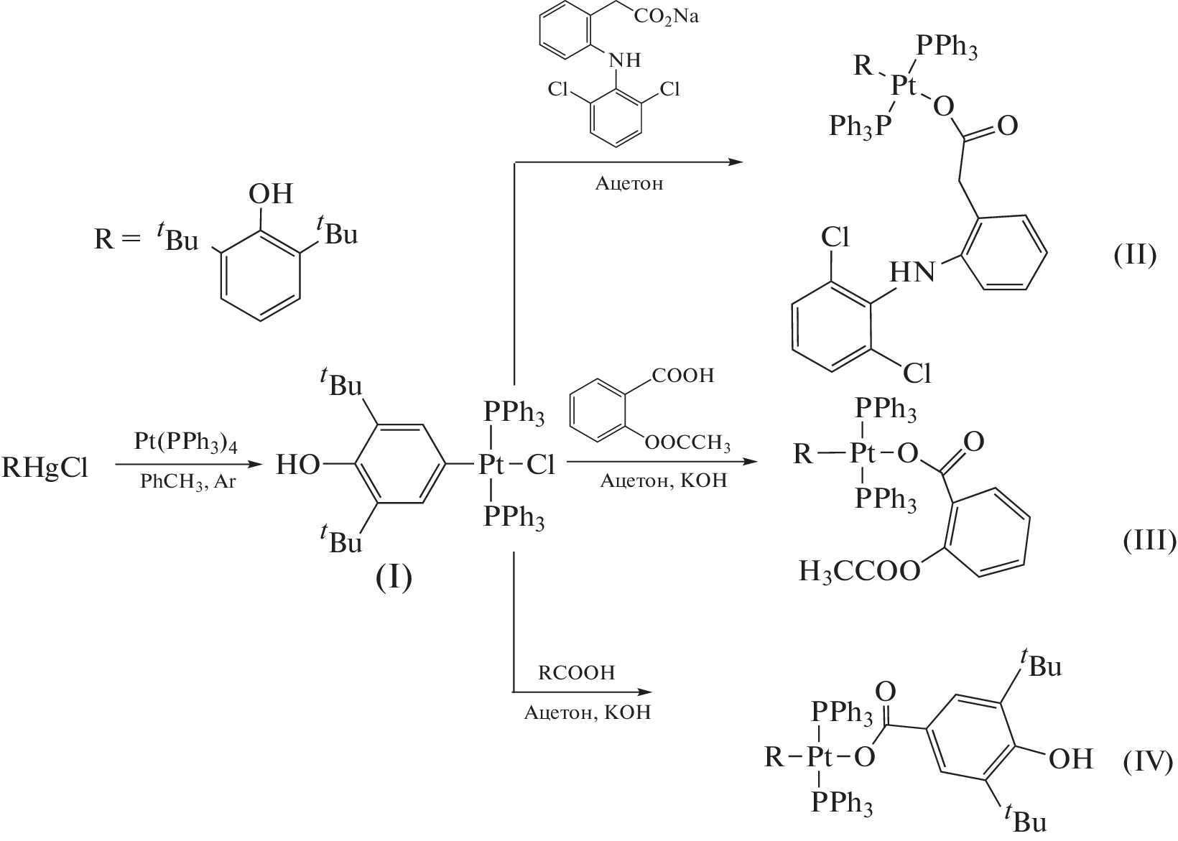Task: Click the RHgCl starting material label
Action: point(45,469)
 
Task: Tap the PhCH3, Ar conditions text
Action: point(187,482)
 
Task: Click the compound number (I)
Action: point(394,577)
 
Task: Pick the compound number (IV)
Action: point(1148,760)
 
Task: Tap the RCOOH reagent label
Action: point(577,673)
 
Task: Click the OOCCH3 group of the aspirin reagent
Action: point(687,444)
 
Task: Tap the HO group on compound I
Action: point(298,465)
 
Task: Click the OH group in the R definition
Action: point(270,194)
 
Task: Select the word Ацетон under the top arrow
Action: point(629,183)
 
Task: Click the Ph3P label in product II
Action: point(860,127)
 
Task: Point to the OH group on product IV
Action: point(1070,758)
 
